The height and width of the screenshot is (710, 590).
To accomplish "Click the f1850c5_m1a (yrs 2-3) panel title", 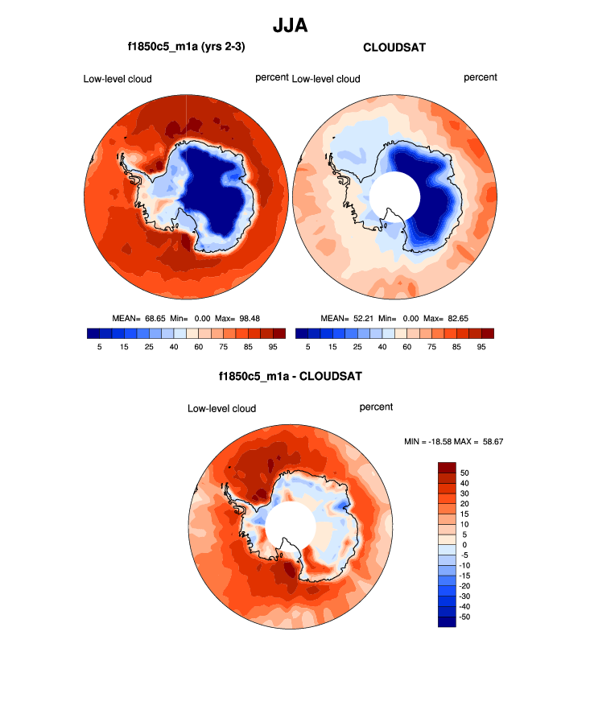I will (186, 47).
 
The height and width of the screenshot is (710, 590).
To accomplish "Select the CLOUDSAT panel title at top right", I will (394, 47).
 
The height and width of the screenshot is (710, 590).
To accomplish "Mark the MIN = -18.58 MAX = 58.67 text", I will (454, 442).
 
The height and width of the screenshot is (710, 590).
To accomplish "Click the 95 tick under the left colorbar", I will (273, 347).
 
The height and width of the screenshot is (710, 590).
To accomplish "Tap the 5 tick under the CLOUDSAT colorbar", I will (308, 347).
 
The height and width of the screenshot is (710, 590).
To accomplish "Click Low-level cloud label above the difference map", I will (221, 409).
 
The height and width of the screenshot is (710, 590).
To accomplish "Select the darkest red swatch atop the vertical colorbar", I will (447, 468).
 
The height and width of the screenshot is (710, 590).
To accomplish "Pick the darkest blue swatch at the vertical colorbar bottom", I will (447, 621).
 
